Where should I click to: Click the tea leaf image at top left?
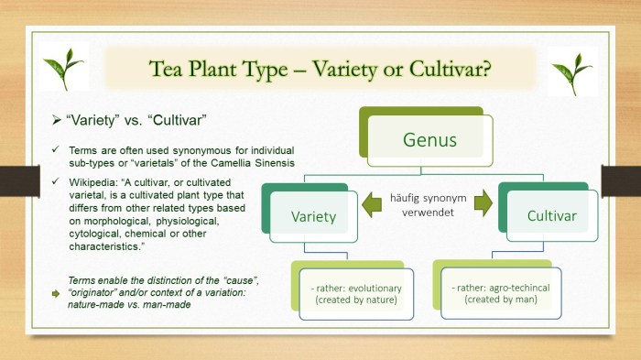pyautogui.click(x=63, y=70)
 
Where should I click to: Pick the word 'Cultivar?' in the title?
pyautogui.click(x=449, y=71)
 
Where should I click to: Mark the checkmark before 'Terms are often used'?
pyautogui.click(x=57, y=149)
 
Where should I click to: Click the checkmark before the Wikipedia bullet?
pyautogui.click(x=57, y=182)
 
